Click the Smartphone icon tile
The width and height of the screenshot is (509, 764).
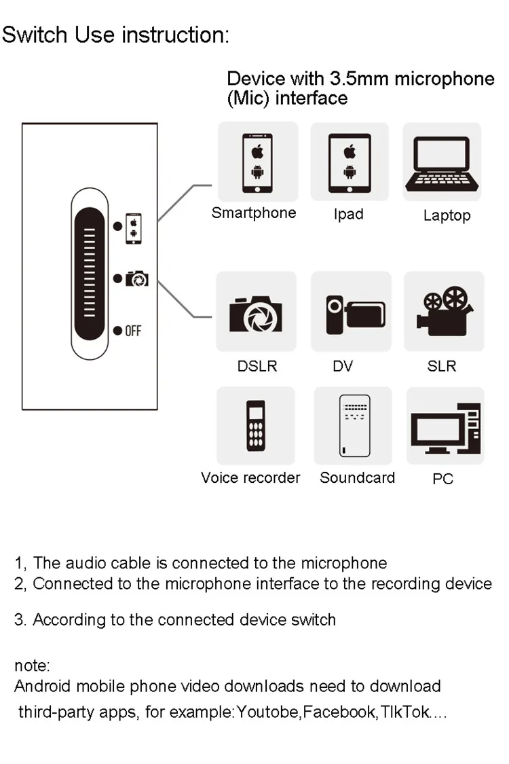tap(258, 162)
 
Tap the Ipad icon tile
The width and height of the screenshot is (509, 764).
tap(350, 162)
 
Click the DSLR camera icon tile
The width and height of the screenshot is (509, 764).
tap(257, 311)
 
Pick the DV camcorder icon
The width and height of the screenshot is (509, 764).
tap(356, 314)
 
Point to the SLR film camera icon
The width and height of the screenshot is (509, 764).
tap(445, 311)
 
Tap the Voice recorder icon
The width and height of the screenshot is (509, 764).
tap(256, 425)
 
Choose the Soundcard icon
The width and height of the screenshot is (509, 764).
tap(354, 425)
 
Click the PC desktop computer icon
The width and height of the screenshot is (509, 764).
tap(445, 429)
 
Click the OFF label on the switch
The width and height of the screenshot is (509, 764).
tap(133, 331)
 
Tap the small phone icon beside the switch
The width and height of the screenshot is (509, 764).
tap(134, 228)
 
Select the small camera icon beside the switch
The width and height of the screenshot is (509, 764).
tap(137, 278)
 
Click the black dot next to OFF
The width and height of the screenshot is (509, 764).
tap(117, 330)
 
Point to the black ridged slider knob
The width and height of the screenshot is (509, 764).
tap(90, 274)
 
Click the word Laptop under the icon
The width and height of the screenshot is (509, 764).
tap(447, 215)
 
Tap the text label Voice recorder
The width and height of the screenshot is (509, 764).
tap(250, 477)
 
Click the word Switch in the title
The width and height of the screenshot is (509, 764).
tap(35, 35)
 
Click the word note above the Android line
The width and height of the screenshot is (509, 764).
tap(32, 666)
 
